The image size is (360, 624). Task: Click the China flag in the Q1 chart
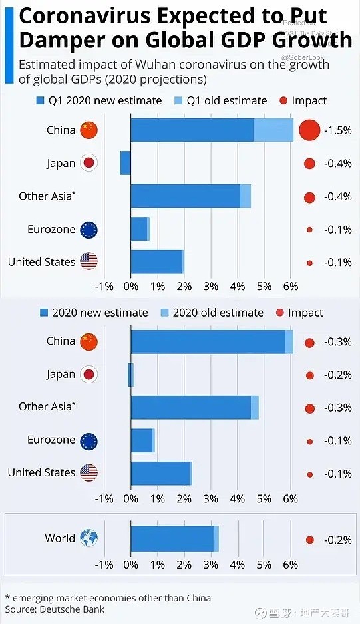[89, 130]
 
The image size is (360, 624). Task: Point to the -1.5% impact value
[337, 130]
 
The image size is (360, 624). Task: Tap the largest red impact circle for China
[309, 130]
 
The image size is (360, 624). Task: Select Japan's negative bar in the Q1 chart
[125, 163]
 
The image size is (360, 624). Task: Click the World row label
[60, 538]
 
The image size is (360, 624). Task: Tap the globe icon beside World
[89, 538]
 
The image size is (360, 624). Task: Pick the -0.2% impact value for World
[337, 540]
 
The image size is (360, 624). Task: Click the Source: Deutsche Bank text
[55, 609]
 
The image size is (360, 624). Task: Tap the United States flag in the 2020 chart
[89, 473]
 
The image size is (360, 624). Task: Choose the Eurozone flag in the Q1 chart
[89, 230]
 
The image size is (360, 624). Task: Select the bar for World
[173, 538]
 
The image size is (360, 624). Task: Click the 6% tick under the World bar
[290, 564]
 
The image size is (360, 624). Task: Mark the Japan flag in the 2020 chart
[89, 374]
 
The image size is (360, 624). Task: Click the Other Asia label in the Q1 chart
[47, 196]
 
